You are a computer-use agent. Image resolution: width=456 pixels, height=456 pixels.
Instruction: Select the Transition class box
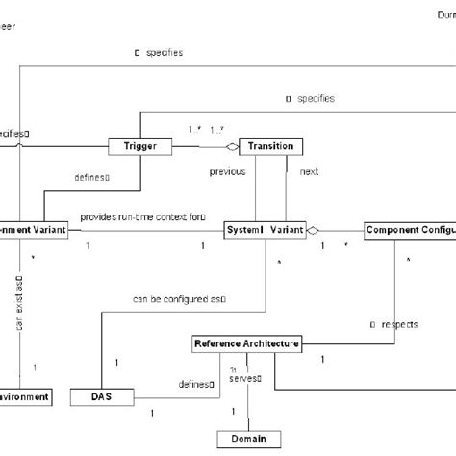[270, 147]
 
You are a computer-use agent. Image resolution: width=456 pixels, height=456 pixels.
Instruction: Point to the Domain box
[249, 438]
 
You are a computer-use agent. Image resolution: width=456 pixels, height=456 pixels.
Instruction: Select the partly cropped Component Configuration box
[409, 231]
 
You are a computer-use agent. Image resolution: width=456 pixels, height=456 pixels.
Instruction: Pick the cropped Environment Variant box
[34, 231]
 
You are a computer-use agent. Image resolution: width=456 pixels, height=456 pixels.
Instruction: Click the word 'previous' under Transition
[228, 172]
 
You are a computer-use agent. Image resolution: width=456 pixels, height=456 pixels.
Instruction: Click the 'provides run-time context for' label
[143, 217]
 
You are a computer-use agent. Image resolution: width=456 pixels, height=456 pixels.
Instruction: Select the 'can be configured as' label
[180, 300]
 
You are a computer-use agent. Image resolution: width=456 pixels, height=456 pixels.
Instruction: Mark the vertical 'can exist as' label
[20, 302]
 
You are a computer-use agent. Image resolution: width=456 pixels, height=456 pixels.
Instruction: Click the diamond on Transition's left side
[230, 147]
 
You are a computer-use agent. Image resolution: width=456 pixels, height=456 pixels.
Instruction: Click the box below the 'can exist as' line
[34, 395]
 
